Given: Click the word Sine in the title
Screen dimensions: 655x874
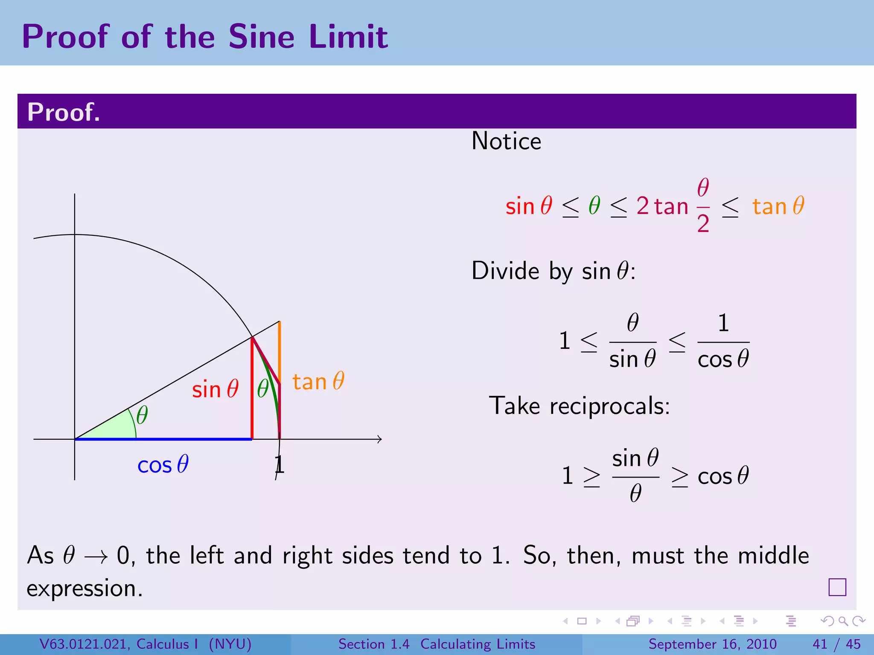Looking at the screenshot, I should (261, 37).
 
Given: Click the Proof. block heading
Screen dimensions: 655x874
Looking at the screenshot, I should (64, 112).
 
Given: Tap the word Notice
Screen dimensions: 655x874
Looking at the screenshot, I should (506, 141).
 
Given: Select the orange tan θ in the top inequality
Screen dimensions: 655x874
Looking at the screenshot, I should (778, 206).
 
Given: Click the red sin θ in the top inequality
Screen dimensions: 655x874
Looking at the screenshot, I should (529, 206).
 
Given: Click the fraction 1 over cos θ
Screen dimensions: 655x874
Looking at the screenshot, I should (723, 342).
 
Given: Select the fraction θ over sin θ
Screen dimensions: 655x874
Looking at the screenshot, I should (632, 342).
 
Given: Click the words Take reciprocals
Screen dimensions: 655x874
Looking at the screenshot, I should (579, 406).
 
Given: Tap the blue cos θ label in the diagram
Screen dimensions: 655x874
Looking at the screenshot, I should (163, 465).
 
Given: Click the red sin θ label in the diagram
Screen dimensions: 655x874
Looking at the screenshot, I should (215, 390).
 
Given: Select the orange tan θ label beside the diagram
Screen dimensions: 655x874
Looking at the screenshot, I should (318, 382).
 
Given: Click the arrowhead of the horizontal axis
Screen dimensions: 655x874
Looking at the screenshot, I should (379, 439).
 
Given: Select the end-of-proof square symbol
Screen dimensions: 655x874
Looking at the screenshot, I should (837, 587).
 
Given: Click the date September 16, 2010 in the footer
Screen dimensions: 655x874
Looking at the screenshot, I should (712, 644).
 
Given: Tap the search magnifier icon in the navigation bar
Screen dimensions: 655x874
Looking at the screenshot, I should (843, 621).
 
